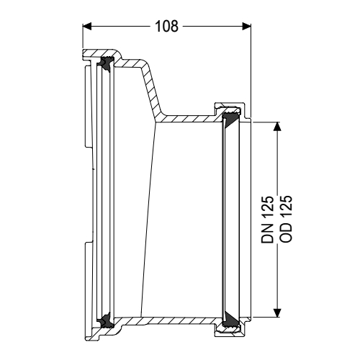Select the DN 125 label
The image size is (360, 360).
pos(268,220)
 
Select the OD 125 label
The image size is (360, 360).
pos(283,220)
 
